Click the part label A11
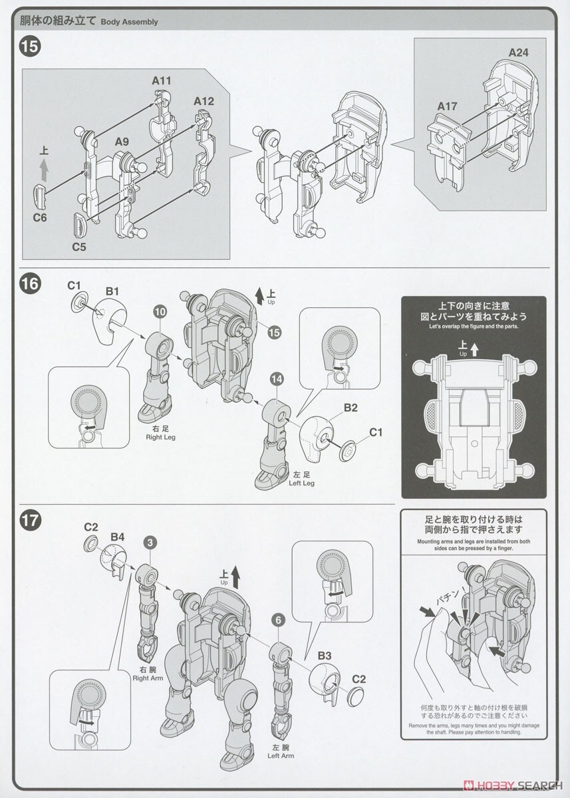[162, 81]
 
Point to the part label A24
[519, 53]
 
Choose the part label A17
[448, 106]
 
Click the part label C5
[78, 246]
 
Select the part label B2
[351, 408]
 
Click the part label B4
[118, 536]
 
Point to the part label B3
[324, 656]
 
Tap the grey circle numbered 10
[160, 311]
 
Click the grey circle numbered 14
[277, 379]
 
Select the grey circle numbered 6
[279, 620]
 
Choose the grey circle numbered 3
[151, 543]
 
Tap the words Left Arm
[281, 755]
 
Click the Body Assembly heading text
[129, 22]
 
